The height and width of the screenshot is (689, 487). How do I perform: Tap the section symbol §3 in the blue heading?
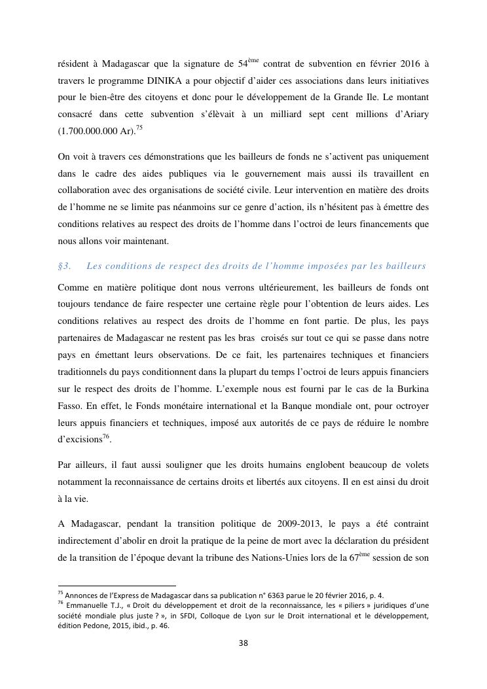click(x=64, y=266)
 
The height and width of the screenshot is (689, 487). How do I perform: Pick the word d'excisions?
click(x=79, y=440)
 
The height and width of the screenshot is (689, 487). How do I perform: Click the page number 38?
click(x=243, y=643)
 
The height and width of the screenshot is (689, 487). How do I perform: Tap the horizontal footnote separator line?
click(x=117, y=585)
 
